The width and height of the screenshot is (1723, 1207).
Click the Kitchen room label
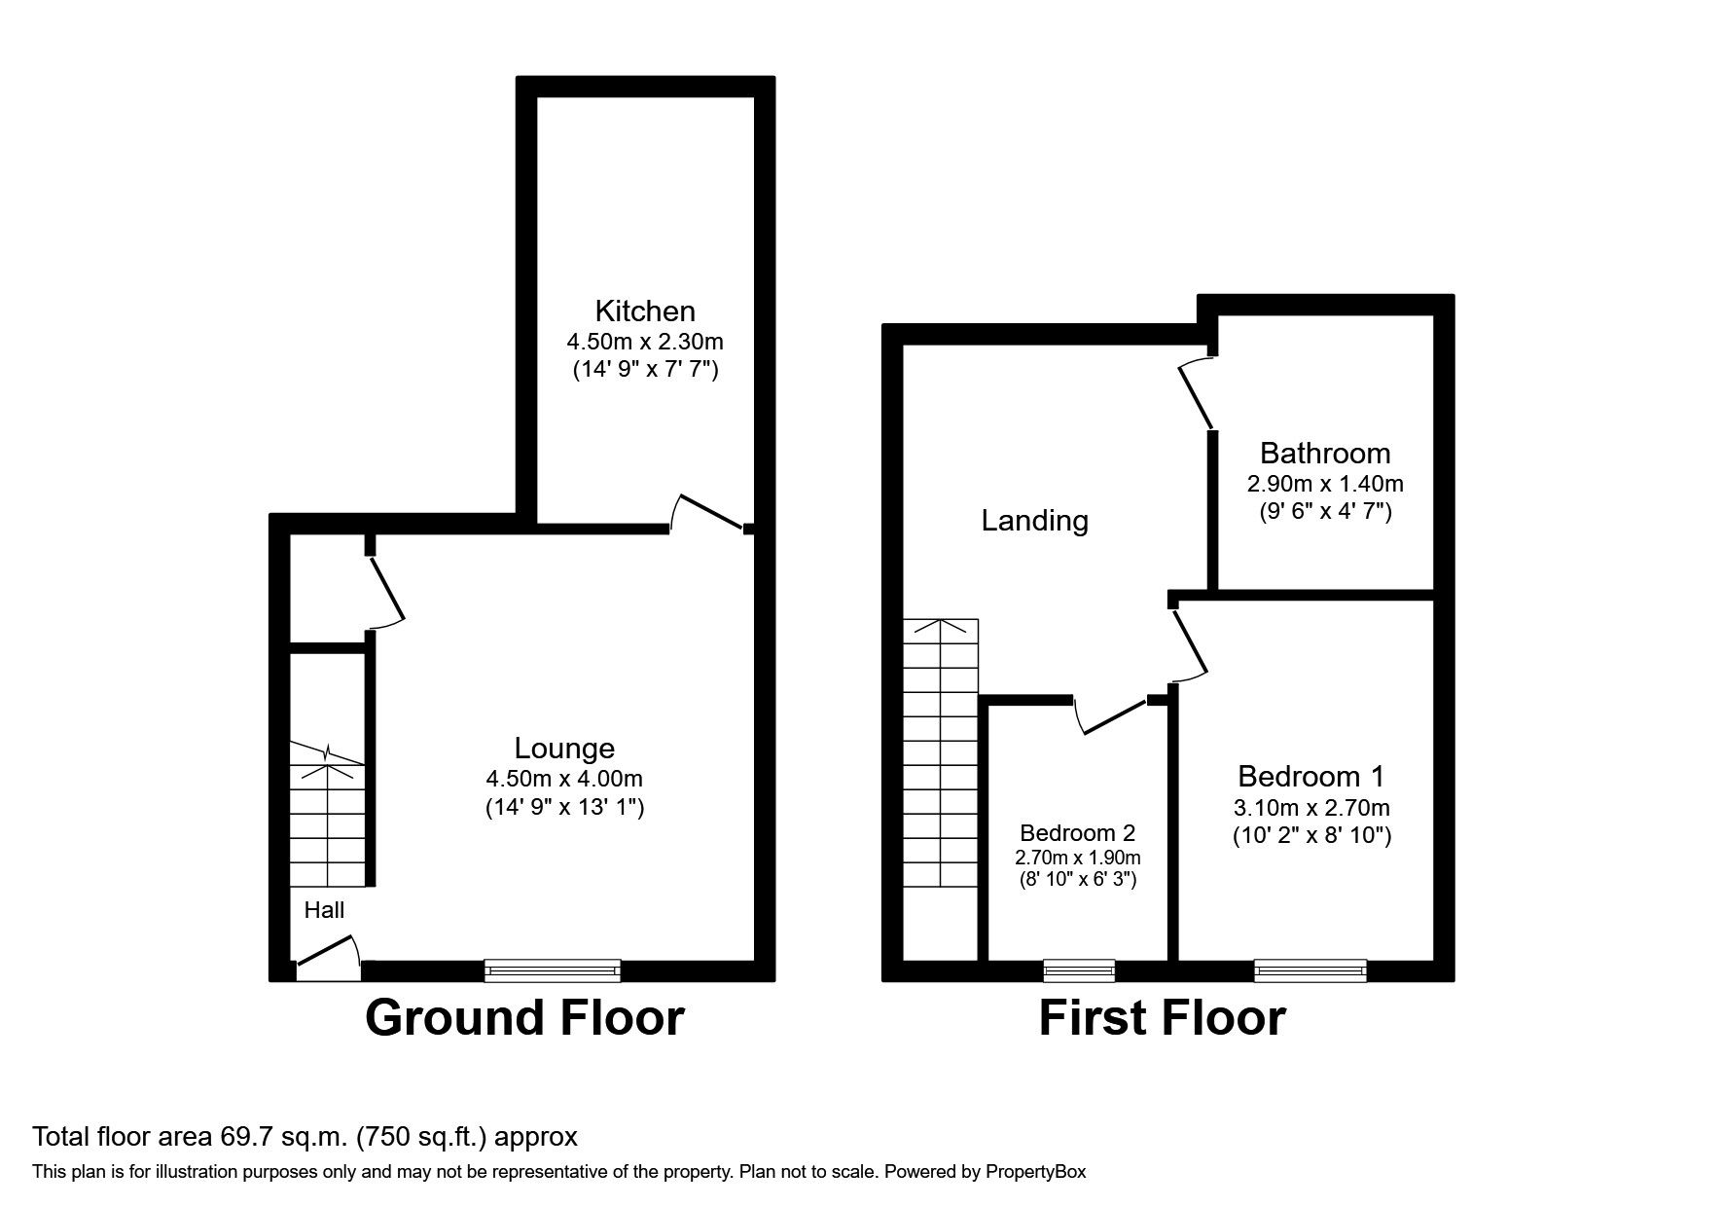pos(645,311)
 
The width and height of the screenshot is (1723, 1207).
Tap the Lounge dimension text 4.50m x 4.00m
pos(564,779)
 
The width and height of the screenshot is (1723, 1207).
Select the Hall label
pos(324,910)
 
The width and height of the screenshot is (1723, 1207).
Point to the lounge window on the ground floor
pos(552,969)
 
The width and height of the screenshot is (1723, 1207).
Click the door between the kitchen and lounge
pos(709,514)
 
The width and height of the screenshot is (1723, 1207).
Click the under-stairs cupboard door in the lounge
pos(385,588)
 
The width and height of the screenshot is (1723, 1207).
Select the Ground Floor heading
pos(524,1018)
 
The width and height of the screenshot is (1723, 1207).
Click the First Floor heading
pos(1162,1018)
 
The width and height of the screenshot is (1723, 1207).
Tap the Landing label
pos(1034,521)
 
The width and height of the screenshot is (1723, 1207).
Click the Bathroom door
pos(1196,394)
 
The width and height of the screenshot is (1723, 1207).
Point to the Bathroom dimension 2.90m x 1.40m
pos(1325,484)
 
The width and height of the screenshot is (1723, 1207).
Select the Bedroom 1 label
pos(1310,777)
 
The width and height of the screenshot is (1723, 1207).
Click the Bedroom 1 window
pos(1310,969)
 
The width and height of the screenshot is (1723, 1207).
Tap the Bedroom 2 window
pos(1079,969)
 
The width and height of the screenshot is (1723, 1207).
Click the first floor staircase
pos(941,754)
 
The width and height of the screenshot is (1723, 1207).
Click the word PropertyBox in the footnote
pos(1035,1172)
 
